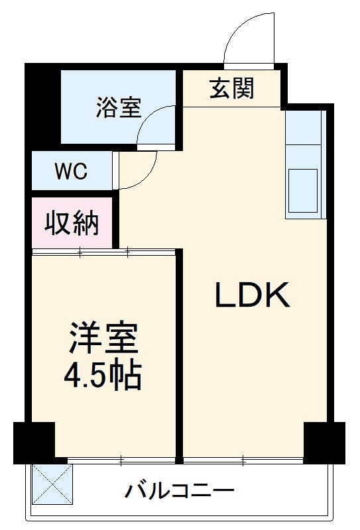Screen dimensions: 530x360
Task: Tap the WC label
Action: click(x=71, y=171)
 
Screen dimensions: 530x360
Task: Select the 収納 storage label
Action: click(x=72, y=224)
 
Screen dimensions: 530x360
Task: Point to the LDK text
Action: click(x=252, y=295)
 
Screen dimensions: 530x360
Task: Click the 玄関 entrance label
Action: click(x=232, y=88)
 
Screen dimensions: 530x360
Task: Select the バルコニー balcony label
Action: click(x=179, y=492)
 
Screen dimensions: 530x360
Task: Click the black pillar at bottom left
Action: click(x=33, y=442)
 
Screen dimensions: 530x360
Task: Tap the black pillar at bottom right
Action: click(x=324, y=442)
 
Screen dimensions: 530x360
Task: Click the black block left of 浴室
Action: click(x=44, y=106)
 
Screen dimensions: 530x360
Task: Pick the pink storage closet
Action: click(x=72, y=224)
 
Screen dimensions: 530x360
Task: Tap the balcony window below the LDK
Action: click(x=243, y=458)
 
